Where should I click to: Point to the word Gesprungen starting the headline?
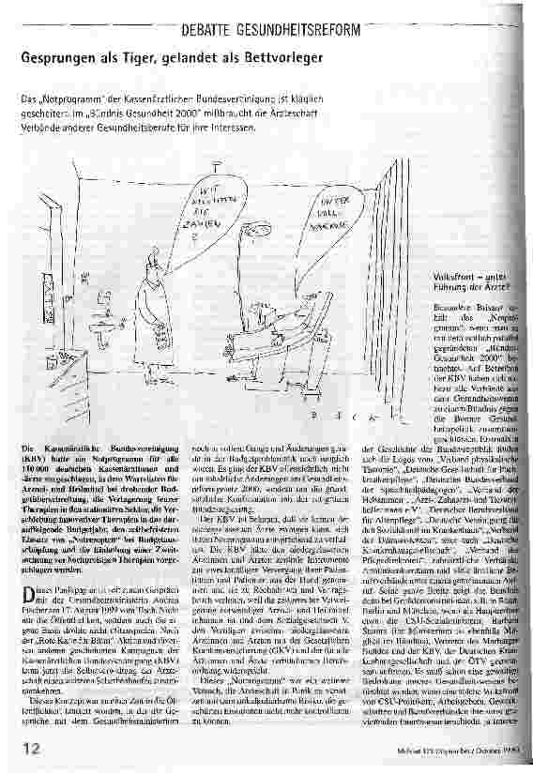click(54, 58)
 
